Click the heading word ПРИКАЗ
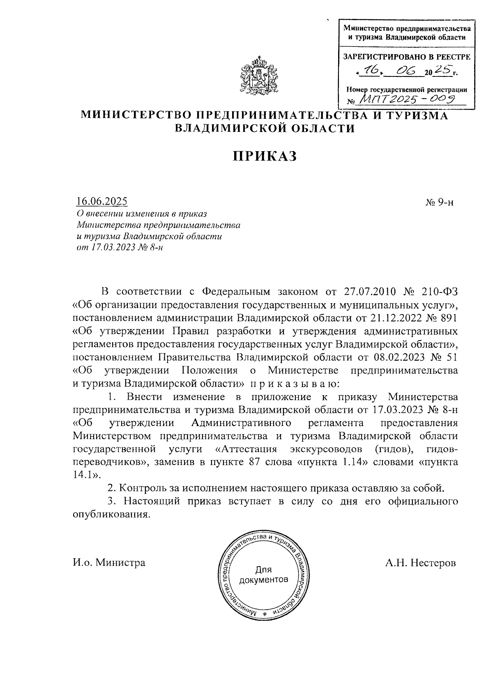(265, 156)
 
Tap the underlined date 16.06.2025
(101, 201)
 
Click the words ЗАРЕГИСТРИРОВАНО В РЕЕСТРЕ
(407, 57)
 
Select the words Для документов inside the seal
(263, 575)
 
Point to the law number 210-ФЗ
(439, 292)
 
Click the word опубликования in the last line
(110, 514)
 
